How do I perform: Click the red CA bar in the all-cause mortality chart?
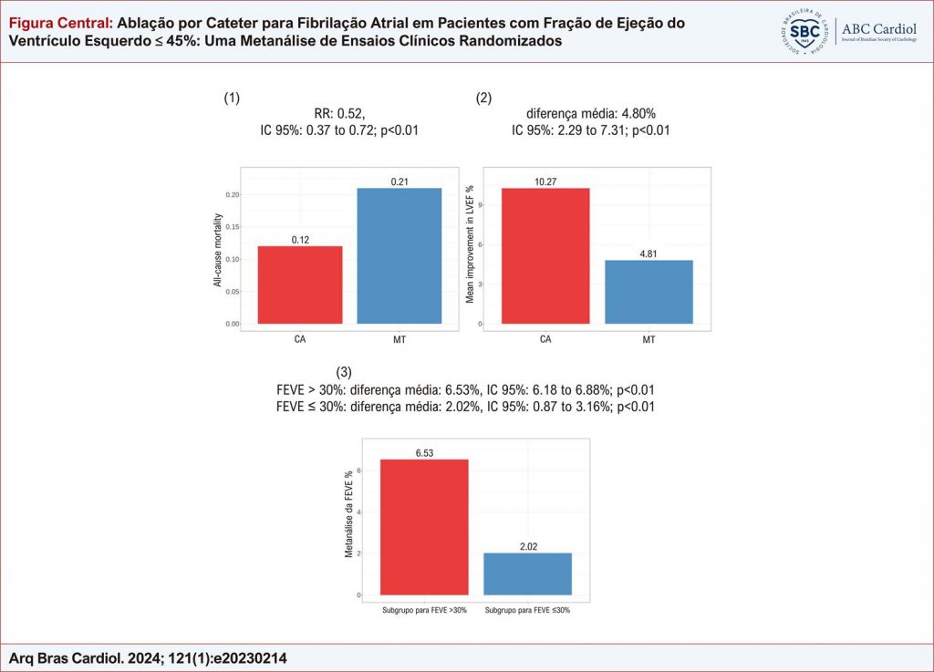tap(300, 284)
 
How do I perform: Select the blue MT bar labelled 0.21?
tap(400, 255)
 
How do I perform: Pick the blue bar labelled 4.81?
tap(649, 292)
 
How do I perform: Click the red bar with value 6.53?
tap(424, 527)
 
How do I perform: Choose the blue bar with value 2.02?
tap(528, 574)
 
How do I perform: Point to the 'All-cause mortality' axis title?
tap(219, 247)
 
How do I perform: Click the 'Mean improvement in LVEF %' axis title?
tap(471, 247)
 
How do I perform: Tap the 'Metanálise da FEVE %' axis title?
tap(348, 516)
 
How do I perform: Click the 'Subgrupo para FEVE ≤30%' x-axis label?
tap(528, 609)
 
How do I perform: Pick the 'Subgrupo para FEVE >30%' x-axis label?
tap(424, 609)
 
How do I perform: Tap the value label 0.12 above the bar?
tap(300, 240)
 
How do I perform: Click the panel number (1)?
tap(232, 98)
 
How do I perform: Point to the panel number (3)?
tap(344, 372)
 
